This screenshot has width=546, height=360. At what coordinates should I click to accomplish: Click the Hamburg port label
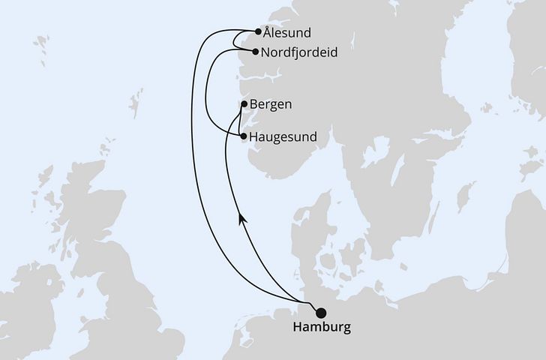[322, 328]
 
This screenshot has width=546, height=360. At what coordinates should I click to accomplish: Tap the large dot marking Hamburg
[322, 313]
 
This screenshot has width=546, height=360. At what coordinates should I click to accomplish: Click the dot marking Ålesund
[259, 32]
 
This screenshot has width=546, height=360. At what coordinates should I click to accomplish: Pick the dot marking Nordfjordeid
[256, 52]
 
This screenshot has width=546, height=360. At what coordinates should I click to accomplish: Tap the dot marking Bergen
[244, 104]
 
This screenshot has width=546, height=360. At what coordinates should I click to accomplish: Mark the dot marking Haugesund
[242, 136]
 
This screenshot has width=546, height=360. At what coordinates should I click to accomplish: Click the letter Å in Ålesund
[268, 32]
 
